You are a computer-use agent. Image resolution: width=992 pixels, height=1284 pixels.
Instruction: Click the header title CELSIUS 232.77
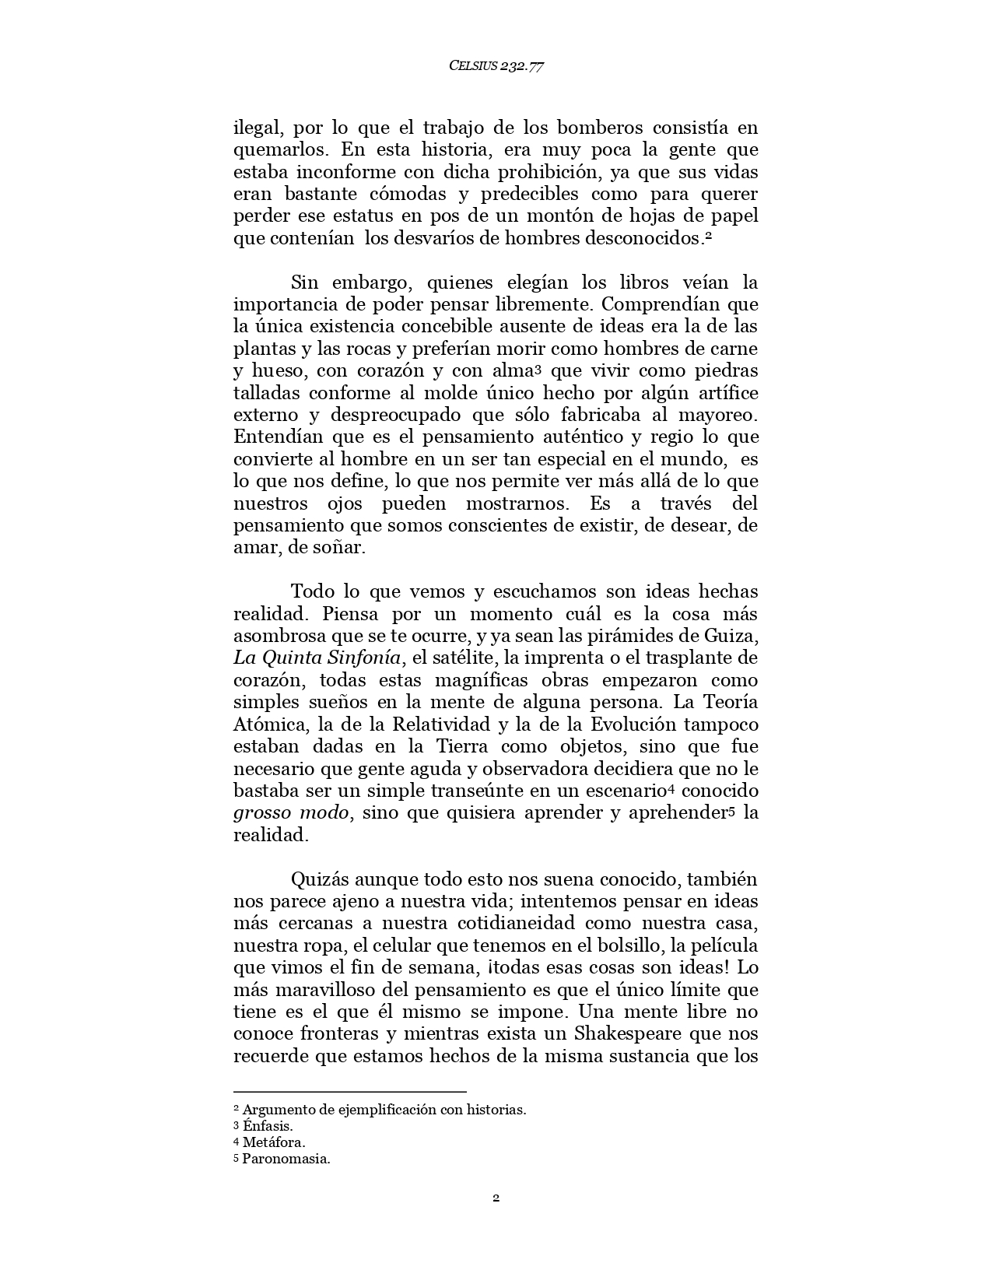496,66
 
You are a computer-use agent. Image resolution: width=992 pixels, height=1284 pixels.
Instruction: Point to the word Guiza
729,636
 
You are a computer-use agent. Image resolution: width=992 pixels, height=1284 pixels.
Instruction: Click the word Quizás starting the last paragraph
319,880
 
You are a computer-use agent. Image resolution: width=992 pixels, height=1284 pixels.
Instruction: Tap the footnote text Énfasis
268,1126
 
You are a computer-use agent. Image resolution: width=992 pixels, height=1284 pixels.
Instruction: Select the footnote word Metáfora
274,1142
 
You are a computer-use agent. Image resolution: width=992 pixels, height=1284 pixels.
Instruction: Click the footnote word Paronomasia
286,1159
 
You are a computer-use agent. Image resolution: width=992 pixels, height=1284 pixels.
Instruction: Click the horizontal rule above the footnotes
349,1092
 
